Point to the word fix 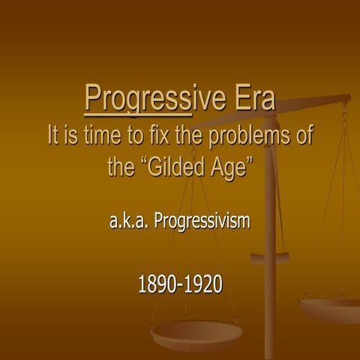click(163, 137)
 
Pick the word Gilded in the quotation click(169, 166)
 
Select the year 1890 click(156, 285)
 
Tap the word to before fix click(139, 137)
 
